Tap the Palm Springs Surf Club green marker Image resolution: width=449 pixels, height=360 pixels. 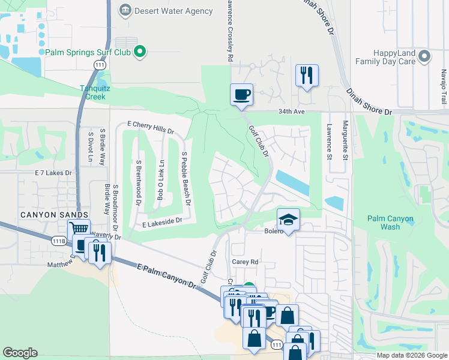[x=140, y=52]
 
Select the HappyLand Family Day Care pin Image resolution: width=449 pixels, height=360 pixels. [x=425, y=56]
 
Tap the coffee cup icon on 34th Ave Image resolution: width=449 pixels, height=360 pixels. [x=241, y=94]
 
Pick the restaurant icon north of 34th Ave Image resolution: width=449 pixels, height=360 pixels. [x=307, y=75]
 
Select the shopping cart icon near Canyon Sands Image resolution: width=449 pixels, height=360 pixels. [x=79, y=229]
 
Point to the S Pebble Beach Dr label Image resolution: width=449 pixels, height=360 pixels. [x=187, y=178]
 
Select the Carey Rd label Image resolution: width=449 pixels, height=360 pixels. [x=244, y=262]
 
